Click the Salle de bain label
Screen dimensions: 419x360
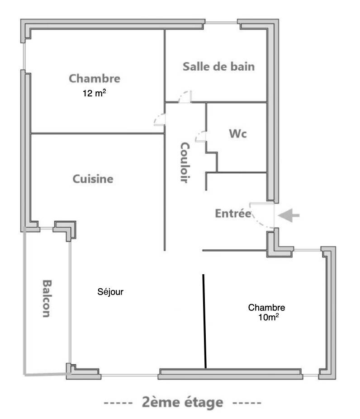[x=218, y=67]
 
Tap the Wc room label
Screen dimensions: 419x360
[x=238, y=134]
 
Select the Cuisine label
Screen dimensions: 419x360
[x=93, y=179]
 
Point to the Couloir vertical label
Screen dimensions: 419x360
[x=184, y=162]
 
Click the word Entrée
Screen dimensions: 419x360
[x=232, y=214]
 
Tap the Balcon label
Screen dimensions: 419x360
[x=46, y=298]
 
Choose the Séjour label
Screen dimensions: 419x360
[x=110, y=292]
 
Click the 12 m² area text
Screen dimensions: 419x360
[x=94, y=94]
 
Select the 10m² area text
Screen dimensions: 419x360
[x=268, y=318]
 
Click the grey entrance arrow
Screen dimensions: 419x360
[x=289, y=216]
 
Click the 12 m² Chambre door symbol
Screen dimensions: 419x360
[x=160, y=119]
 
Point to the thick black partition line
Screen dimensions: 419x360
[x=204, y=321]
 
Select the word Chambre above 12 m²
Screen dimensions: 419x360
[x=95, y=79]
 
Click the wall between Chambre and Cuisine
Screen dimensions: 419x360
[x=97, y=133]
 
